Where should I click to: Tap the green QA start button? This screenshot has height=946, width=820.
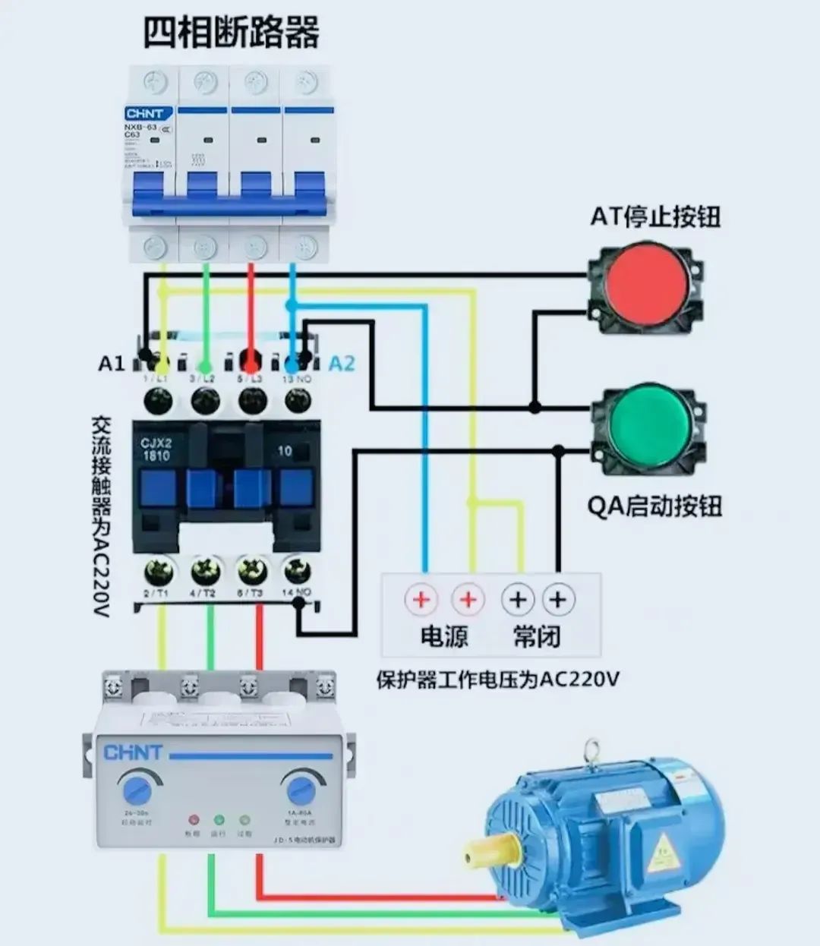[649, 424]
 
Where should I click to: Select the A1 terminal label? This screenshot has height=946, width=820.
[111, 364]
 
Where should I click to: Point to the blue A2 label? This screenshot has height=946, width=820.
[342, 364]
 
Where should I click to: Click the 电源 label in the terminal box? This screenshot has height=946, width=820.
[444, 636]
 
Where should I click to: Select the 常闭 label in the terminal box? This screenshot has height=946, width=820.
[537, 636]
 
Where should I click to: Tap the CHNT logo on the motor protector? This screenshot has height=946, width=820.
[133, 752]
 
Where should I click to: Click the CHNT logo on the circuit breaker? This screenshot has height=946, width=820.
[150, 114]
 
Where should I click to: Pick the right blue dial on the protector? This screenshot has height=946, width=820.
[301, 790]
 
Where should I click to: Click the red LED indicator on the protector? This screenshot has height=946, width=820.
[193, 821]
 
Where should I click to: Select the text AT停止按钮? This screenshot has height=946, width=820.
[655, 217]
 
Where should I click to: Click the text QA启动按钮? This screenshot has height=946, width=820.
[654, 506]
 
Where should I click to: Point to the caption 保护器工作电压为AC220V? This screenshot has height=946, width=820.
[497, 679]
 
